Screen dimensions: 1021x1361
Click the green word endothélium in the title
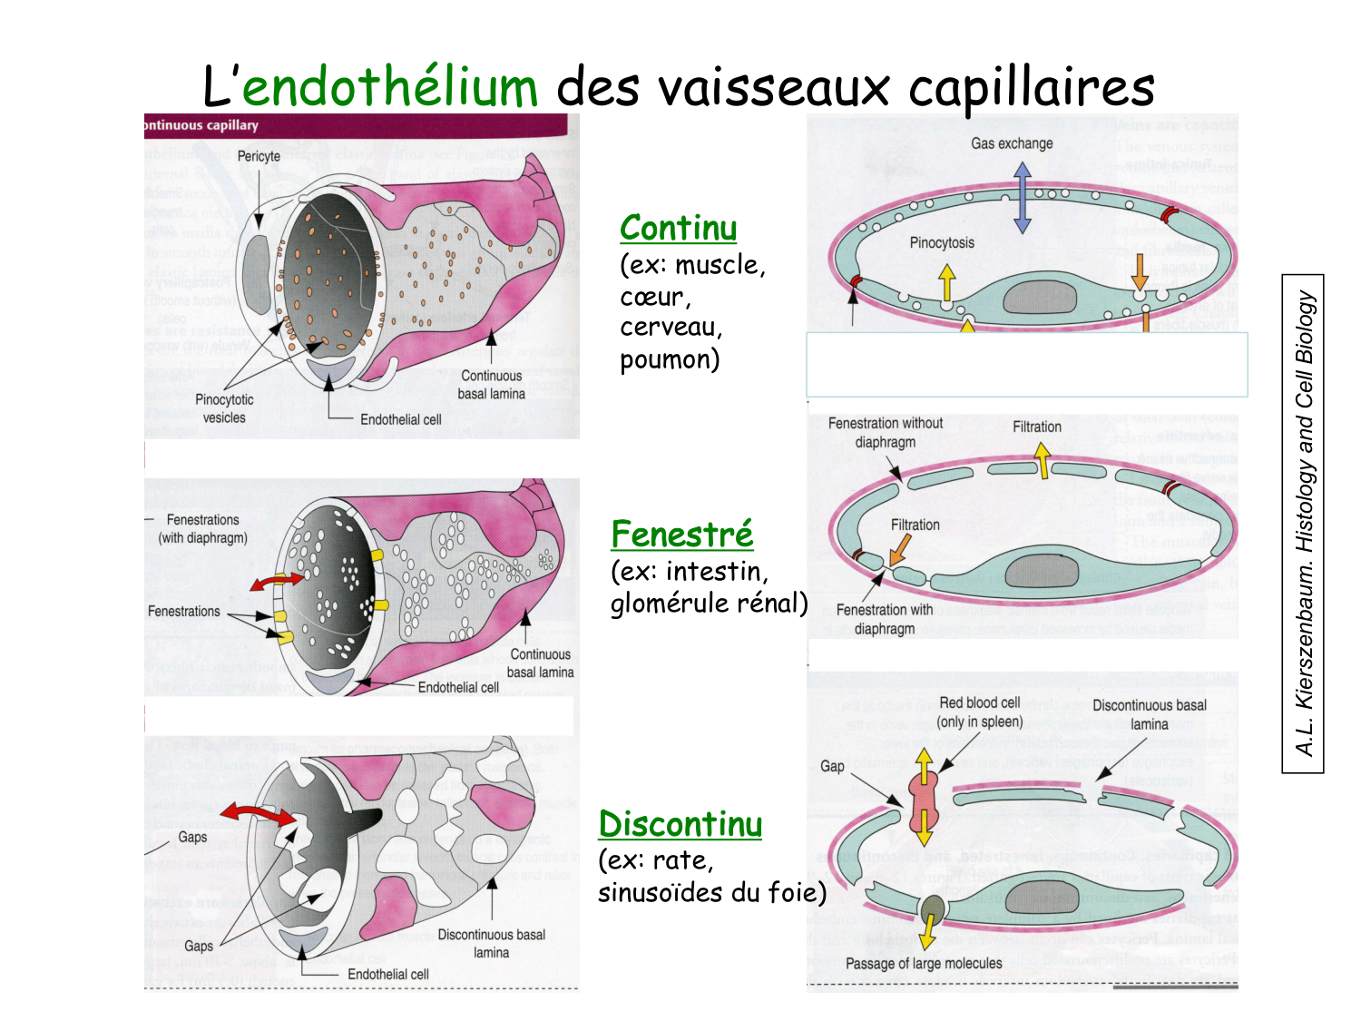pyautogui.click(x=390, y=87)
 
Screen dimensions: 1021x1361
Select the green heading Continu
pyautogui.click(x=678, y=228)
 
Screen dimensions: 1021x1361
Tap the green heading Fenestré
pyautogui.click(x=682, y=535)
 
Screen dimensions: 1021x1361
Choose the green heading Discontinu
pyautogui.click(x=680, y=824)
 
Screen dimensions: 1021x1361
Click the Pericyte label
pyautogui.click(x=259, y=156)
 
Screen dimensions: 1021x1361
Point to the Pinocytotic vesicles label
pyautogui.click(x=224, y=408)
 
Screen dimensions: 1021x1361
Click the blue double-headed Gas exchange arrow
pyautogui.click(x=1023, y=198)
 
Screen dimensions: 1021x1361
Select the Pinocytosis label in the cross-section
pyautogui.click(x=942, y=243)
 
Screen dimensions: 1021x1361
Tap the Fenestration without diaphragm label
pyautogui.click(x=885, y=433)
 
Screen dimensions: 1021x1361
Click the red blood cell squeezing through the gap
pyautogui.click(x=924, y=799)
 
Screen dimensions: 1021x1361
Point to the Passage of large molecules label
pyautogui.click(x=924, y=964)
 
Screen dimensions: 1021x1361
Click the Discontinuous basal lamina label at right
pyautogui.click(x=1149, y=714)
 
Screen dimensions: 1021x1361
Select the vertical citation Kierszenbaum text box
pyautogui.click(x=1303, y=524)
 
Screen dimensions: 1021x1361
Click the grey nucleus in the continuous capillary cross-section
pyautogui.click(x=1040, y=298)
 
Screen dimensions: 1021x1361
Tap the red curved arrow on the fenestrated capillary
pyautogui.click(x=276, y=581)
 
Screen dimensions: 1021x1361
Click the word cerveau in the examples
pyautogui.click(x=671, y=327)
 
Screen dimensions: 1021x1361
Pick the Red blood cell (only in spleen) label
pyautogui.click(x=980, y=712)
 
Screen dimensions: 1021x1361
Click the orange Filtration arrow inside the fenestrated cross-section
pyautogui.click(x=900, y=550)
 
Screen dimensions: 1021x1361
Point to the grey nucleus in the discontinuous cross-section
pyautogui.click(x=1043, y=898)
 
